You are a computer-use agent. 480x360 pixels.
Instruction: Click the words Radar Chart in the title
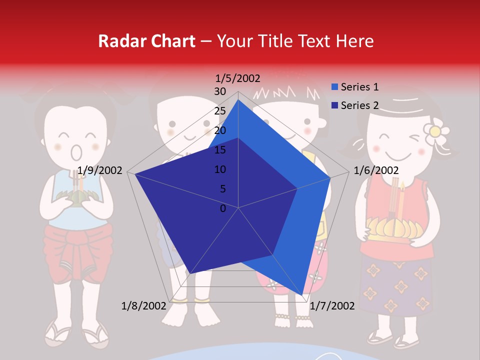click(146, 41)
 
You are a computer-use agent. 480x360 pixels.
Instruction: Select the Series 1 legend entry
click(354, 87)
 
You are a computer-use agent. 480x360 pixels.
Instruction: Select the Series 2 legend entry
click(354, 105)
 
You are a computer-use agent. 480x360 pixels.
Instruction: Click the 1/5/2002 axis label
click(238, 78)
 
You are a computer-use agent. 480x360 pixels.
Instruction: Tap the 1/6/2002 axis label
click(376, 170)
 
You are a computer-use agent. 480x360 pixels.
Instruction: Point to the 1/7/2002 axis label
click(332, 305)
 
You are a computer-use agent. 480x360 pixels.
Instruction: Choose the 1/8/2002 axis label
click(144, 305)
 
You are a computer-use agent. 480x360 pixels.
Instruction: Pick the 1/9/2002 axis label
click(100, 170)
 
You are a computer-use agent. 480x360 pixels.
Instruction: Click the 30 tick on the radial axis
click(220, 91)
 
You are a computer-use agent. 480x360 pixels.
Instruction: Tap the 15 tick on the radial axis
click(220, 150)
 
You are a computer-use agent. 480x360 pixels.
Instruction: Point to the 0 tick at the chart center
click(223, 208)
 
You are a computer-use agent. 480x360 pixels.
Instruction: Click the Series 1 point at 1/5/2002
click(238, 100)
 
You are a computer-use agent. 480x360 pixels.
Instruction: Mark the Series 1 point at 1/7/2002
click(302, 294)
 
